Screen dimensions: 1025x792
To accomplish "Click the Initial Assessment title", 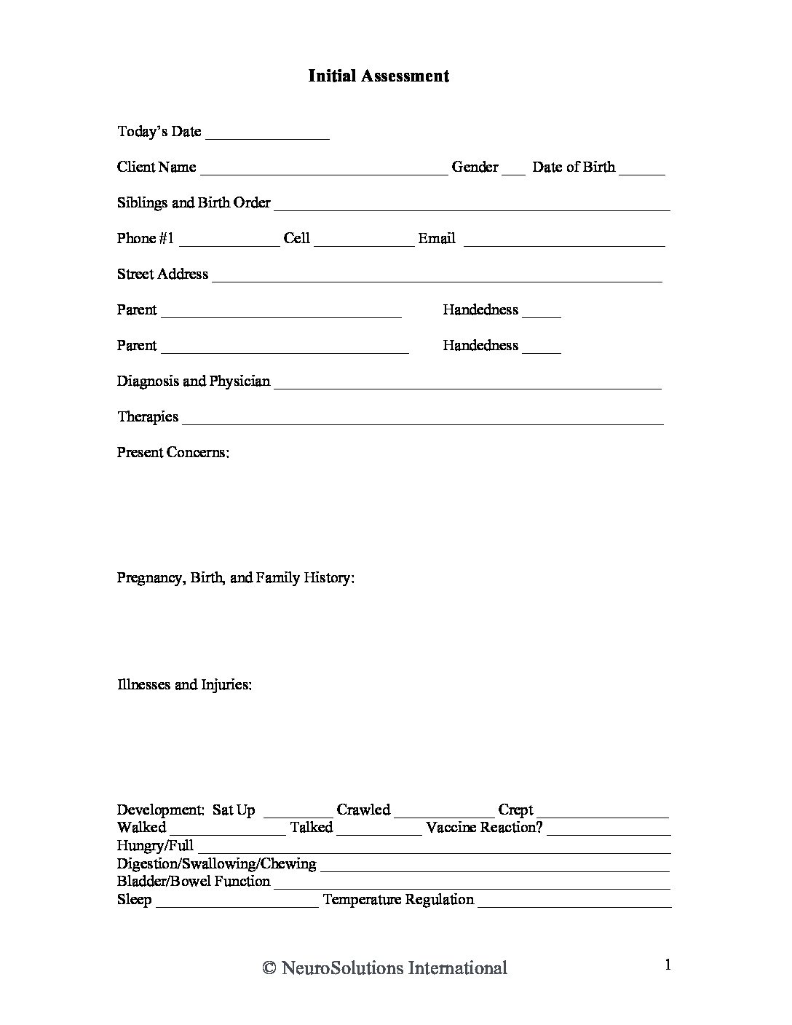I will [379, 76].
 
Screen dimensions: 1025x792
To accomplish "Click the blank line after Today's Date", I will [267, 134].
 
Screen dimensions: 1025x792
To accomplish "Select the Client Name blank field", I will [324, 170].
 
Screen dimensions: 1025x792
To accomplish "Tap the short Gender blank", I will [513, 170].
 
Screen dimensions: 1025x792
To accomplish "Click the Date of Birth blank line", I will [643, 170].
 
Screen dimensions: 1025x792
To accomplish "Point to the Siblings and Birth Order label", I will [194, 202].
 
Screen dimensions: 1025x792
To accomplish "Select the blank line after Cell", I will [364, 241].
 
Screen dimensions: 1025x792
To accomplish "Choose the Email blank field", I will [564, 241].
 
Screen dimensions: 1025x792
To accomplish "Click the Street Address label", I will [162, 274].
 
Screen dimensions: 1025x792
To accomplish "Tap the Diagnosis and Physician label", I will [194, 381].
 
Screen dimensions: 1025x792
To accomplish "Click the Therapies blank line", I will [422, 419].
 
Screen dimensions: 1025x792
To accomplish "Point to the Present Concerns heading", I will [173, 452].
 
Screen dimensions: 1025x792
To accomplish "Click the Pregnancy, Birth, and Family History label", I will [236, 578].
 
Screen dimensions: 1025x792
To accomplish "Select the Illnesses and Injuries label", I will [185, 685].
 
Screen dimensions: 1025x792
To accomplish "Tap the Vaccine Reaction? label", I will [485, 828].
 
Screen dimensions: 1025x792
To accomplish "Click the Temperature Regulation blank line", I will [574, 903].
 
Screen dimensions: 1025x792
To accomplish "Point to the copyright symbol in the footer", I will [269, 968].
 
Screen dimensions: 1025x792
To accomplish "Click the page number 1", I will [668, 965].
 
